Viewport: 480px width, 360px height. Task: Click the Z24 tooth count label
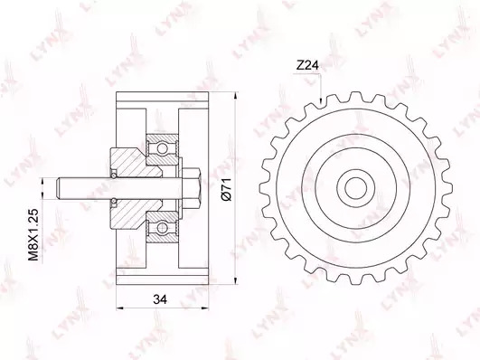point(307,65)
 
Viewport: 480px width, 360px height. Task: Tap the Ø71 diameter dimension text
point(226,189)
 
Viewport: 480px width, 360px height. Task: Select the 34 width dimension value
point(160,299)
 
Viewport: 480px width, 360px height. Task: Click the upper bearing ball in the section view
point(162,149)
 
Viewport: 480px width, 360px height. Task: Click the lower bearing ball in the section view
point(162,228)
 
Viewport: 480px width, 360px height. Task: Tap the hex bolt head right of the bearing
point(192,188)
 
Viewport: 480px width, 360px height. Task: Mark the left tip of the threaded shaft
point(58,188)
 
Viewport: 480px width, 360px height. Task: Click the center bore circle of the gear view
point(356,188)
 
